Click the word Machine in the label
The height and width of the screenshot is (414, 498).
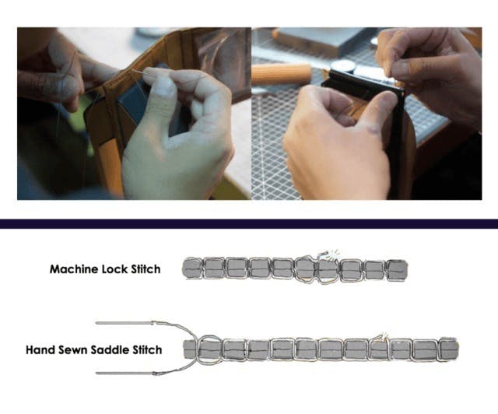coord(74,269)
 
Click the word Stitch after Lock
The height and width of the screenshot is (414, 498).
coord(146,269)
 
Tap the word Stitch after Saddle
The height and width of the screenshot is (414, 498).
coord(147,350)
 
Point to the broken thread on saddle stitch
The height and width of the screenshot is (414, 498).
coord(381,338)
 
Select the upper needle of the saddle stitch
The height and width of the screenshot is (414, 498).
coord(124,323)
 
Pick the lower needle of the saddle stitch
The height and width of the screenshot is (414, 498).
coord(124,373)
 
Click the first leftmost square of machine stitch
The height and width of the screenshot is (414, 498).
coord(192,268)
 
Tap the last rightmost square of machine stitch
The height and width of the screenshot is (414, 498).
coord(397,270)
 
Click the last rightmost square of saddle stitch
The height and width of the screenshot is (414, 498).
coord(449,349)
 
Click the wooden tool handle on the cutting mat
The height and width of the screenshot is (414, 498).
coord(282,75)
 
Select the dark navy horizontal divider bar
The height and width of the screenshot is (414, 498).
coord(249,223)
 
